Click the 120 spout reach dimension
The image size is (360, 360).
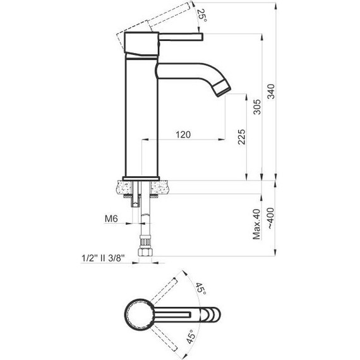(183, 135)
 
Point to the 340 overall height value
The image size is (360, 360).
(271, 93)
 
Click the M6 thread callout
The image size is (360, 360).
(111, 219)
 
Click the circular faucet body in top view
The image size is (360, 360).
(138, 313)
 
